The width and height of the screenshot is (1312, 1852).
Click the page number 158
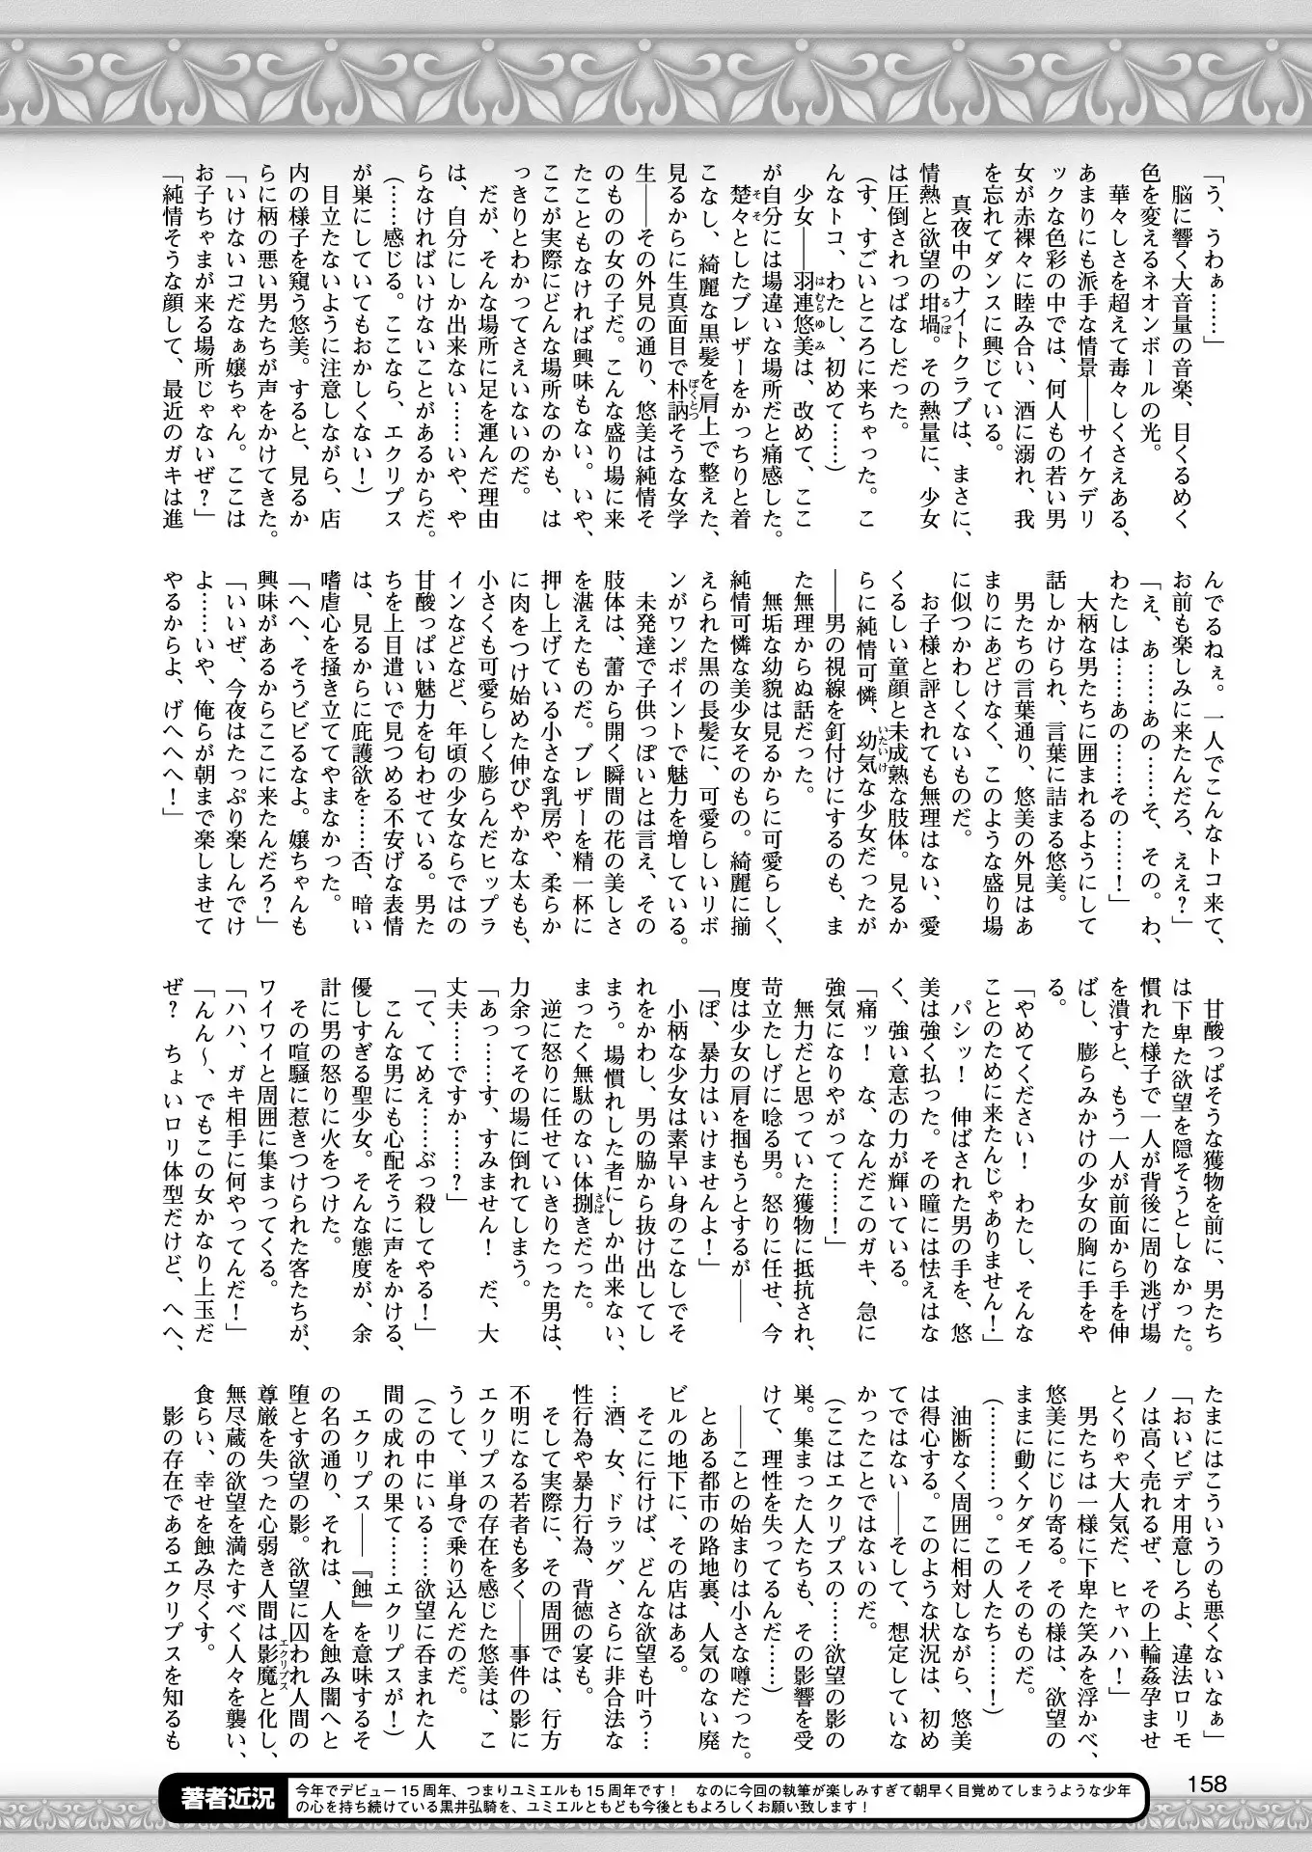point(1206,1783)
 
